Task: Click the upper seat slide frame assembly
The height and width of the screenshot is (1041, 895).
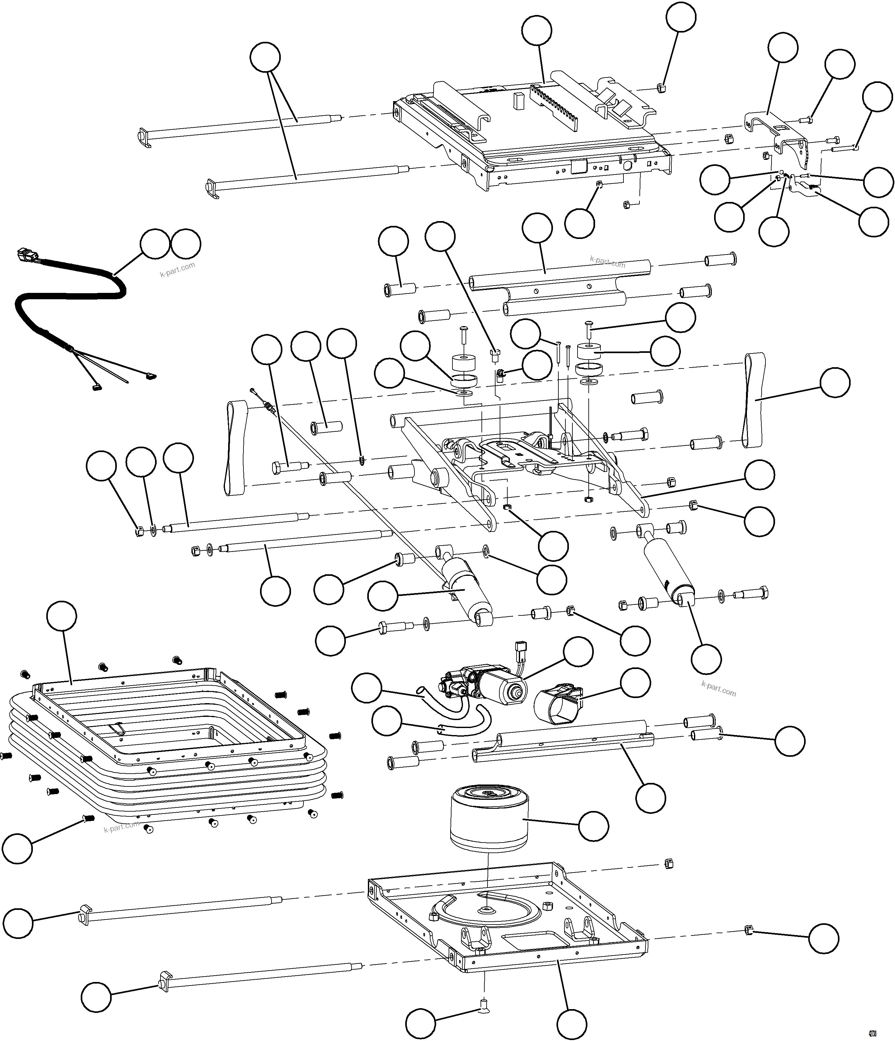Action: tap(528, 136)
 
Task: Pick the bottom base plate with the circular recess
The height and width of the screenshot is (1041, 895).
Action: tap(508, 925)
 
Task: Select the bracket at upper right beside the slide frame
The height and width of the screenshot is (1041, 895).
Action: tap(774, 130)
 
